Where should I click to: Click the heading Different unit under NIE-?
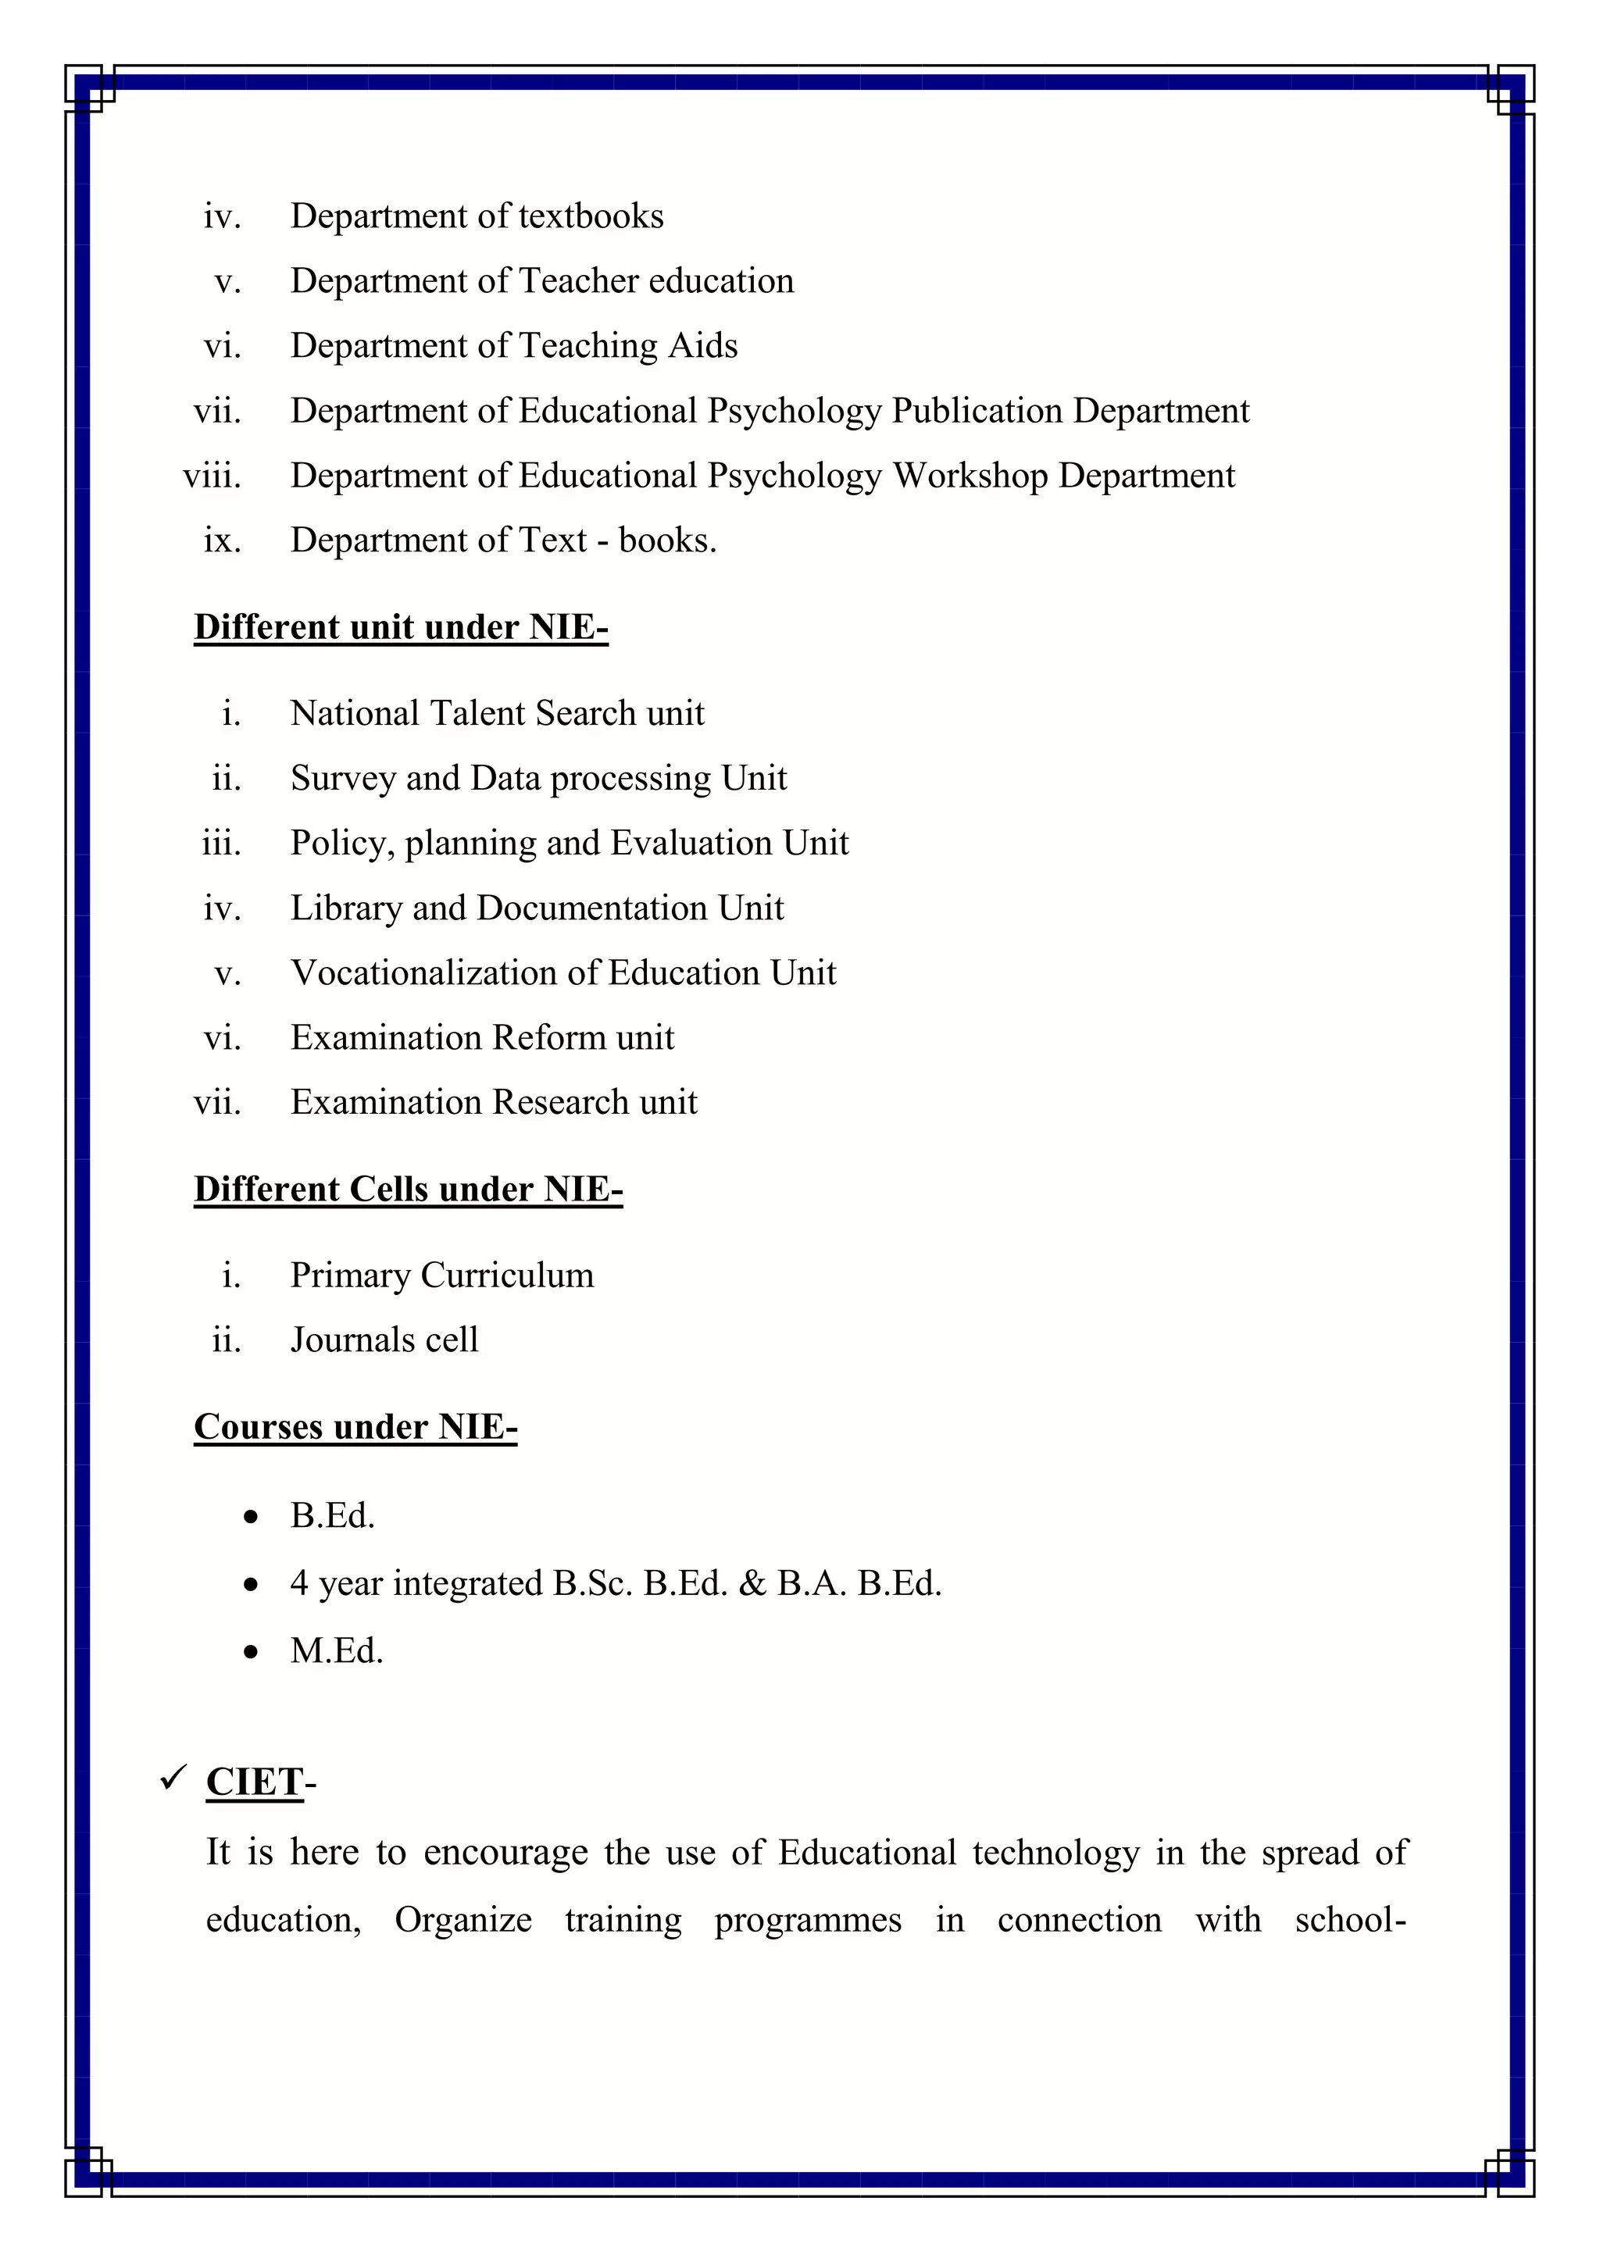coord(401,627)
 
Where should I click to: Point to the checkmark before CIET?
coord(173,1779)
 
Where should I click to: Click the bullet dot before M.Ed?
coord(252,1651)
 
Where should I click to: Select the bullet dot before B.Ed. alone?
coord(252,1516)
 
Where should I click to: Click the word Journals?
coord(352,1340)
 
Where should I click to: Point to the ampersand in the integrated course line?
coord(752,1583)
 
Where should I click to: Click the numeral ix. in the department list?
coord(222,541)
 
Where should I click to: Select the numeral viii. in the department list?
coord(212,476)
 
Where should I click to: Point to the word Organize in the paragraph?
coord(463,1920)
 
